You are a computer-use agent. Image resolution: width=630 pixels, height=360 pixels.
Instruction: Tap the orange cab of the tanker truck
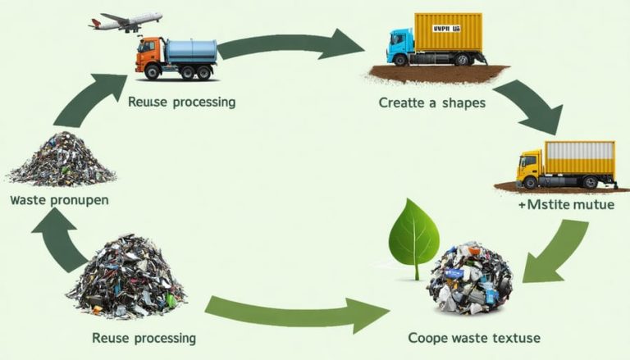tap(148, 58)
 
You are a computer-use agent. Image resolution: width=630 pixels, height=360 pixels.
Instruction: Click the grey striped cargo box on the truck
tap(580, 157)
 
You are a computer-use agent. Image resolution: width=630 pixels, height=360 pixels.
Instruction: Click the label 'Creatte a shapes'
tap(432, 103)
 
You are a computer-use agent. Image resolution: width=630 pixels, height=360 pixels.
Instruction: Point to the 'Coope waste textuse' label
tap(473, 338)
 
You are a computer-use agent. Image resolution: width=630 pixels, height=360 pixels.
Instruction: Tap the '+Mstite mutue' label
tap(566, 205)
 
